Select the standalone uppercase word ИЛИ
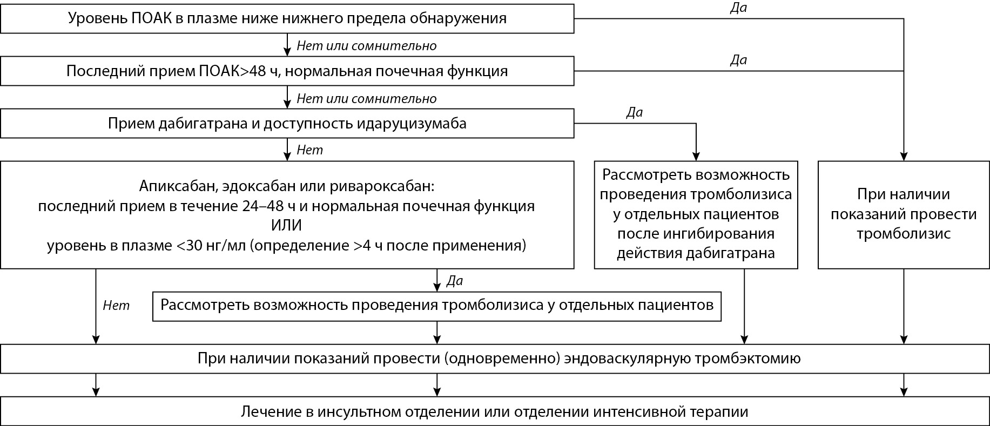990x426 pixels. [287, 226]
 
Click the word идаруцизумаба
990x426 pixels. [412, 124]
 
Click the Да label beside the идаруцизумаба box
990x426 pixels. [634, 113]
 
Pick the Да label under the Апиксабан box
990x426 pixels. [455, 281]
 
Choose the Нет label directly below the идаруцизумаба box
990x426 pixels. [309, 150]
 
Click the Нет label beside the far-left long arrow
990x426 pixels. [116, 306]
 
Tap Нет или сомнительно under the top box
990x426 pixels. [366, 46]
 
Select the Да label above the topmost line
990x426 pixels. [738, 8]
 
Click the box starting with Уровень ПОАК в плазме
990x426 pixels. [287, 18]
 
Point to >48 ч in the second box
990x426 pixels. [256, 71]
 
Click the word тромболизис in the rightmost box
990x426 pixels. [903, 234]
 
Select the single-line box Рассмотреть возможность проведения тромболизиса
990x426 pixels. [436, 306]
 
